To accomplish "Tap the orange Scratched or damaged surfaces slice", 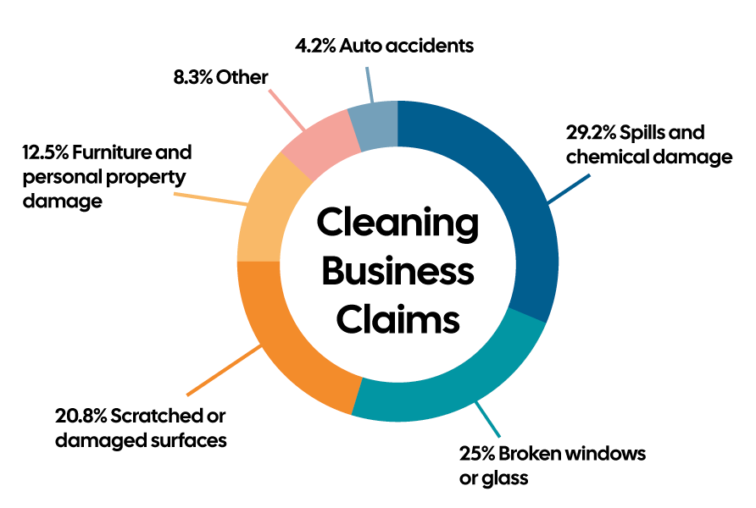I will click(x=288, y=347).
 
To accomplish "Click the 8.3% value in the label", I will click(x=191, y=78).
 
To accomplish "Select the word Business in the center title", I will click(x=397, y=273).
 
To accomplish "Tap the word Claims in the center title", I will click(x=397, y=320).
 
